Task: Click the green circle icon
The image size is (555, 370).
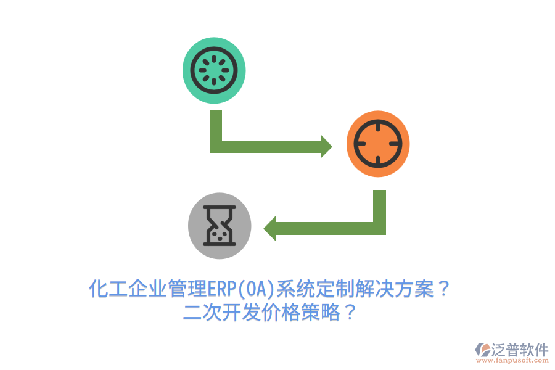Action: [x=214, y=70]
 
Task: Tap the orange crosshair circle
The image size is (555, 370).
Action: [x=378, y=144]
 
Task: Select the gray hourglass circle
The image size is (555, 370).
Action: [x=220, y=226]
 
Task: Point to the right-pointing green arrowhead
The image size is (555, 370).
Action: [x=326, y=146]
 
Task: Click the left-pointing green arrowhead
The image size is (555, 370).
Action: [x=269, y=229]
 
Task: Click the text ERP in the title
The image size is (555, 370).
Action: [x=221, y=289]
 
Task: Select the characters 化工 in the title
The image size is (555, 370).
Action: [x=108, y=289]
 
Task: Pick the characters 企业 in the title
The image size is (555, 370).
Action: [x=147, y=289]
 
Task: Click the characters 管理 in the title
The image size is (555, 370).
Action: [x=187, y=289]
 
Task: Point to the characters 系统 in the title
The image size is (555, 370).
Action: [x=295, y=289]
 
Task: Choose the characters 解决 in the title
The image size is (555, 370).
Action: [x=375, y=289]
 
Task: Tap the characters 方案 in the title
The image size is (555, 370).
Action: [x=414, y=289]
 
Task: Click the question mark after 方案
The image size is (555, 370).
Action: [x=443, y=289]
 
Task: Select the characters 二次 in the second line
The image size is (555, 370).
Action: [x=202, y=312]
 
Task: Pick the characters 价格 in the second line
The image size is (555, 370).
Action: [x=281, y=312]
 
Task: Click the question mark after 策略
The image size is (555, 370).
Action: [x=350, y=312]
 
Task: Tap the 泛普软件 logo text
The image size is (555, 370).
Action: [x=520, y=350]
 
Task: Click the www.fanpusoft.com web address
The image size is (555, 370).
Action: [x=512, y=360]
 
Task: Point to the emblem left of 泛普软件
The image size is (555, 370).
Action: [x=483, y=350]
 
